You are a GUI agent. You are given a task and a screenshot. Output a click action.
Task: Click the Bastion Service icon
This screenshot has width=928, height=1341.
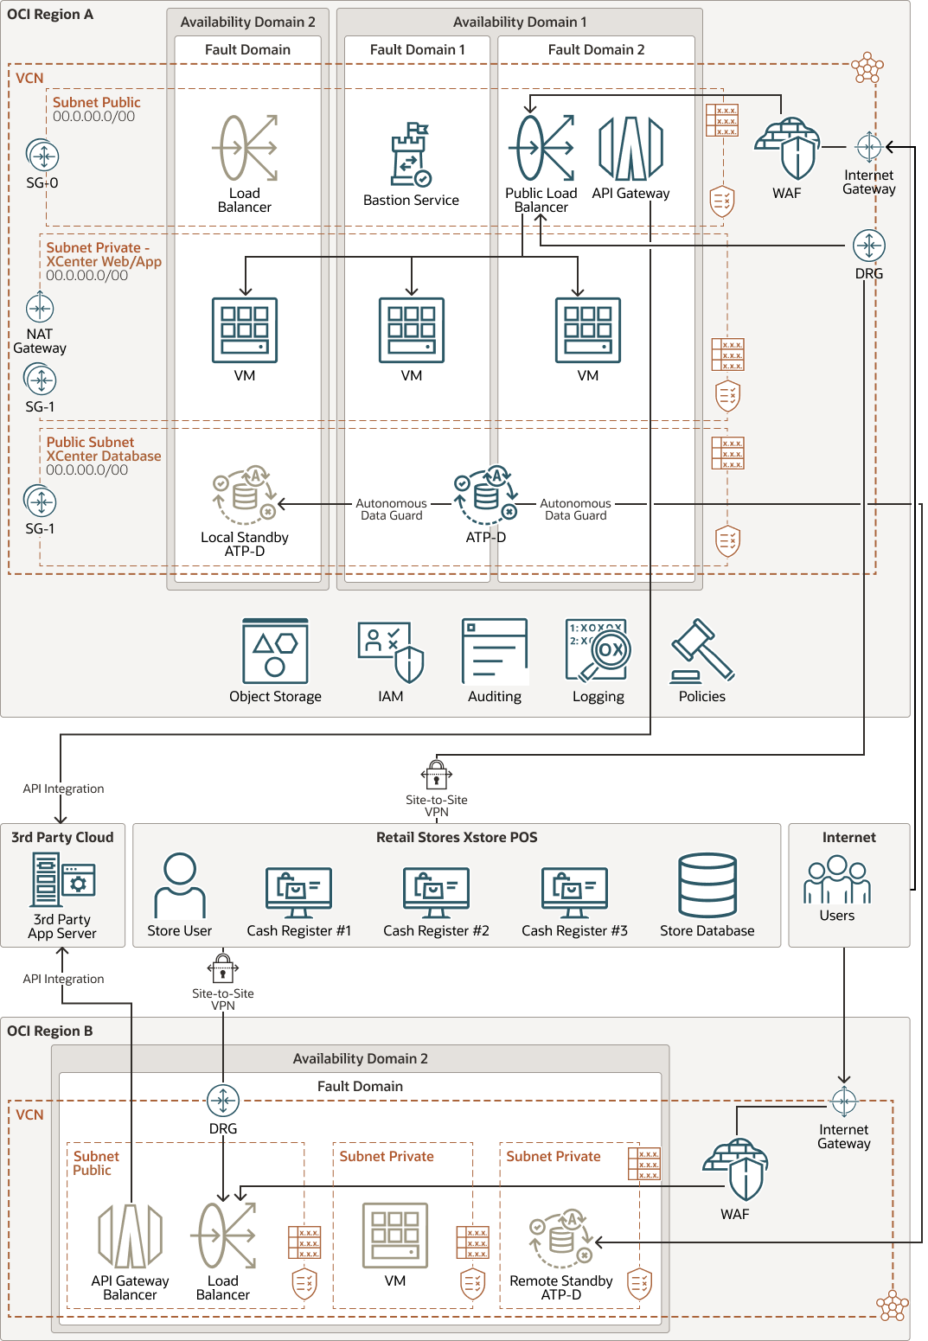[x=411, y=155]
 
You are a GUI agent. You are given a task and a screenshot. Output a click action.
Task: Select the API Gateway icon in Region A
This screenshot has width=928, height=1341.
[x=630, y=148]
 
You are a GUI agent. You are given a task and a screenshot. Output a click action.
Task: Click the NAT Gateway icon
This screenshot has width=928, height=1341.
[x=40, y=308]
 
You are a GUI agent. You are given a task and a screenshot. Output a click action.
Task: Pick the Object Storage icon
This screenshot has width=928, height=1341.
[x=275, y=651]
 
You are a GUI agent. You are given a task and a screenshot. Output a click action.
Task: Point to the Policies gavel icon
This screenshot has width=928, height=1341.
[x=701, y=651]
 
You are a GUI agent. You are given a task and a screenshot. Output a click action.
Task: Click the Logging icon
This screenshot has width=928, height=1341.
[x=598, y=651]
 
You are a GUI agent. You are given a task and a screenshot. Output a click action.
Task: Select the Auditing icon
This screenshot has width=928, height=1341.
[x=495, y=651]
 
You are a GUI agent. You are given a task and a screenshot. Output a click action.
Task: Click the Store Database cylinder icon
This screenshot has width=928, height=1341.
[x=707, y=885]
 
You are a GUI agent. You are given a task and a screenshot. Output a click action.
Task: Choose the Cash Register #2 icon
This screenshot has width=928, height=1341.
[x=436, y=892]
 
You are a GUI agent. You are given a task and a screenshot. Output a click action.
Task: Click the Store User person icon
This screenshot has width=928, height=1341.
[x=180, y=885]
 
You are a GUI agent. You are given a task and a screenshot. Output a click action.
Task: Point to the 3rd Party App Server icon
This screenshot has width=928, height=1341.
[x=62, y=878]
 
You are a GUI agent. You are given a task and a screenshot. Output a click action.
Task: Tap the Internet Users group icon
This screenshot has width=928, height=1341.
[x=836, y=879]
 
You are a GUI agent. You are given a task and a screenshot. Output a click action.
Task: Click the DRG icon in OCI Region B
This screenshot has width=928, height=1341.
[x=223, y=1101]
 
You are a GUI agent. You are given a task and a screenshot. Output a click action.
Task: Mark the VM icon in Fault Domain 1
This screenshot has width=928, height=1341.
[x=412, y=329]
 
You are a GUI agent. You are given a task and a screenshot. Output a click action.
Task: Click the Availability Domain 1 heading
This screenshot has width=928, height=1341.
[x=519, y=22]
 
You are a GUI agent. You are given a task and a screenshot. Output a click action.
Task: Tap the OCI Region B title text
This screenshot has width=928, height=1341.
[x=49, y=1031]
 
